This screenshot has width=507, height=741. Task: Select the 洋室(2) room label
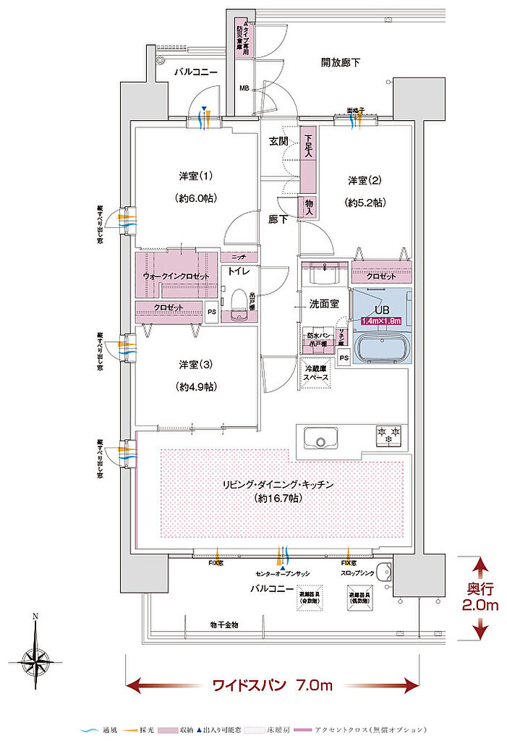point(365,180)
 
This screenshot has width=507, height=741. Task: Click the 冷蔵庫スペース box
point(316,373)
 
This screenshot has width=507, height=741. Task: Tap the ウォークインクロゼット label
point(176,277)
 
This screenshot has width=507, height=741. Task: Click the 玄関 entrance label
point(279,141)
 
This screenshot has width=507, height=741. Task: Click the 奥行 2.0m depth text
point(479,598)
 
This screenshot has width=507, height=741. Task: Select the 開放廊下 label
point(340,63)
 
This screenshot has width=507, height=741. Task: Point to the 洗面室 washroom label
point(324,305)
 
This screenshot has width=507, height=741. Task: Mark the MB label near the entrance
point(244,89)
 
